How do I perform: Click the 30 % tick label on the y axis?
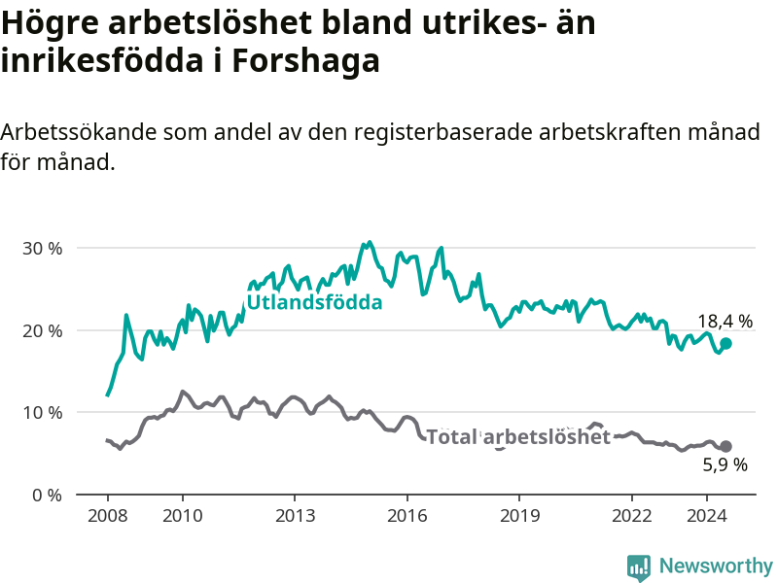(x=43, y=249)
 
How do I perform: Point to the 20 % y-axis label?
(x=43, y=330)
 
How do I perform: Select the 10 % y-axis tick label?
(x=43, y=412)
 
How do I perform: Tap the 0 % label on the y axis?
(x=47, y=495)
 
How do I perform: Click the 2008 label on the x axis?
(x=108, y=516)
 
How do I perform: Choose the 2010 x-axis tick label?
(x=183, y=516)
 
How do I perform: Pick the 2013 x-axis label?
(x=296, y=516)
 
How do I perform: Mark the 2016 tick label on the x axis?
(x=407, y=516)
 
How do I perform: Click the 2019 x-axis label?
(x=520, y=516)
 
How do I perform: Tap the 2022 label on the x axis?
(x=631, y=516)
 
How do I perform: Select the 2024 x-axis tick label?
(x=707, y=516)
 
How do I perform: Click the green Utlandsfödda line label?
(x=314, y=302)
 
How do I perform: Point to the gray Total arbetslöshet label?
(x=518, y=436)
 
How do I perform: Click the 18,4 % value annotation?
(x=725, y=322)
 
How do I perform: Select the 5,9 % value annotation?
(x=725, y=464)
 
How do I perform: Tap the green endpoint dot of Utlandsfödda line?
(x=725, y=343)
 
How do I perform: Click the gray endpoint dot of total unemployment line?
(x=725, y=446)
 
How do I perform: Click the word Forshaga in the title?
(x=305, y=61)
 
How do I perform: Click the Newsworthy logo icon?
(x=639, y=567)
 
